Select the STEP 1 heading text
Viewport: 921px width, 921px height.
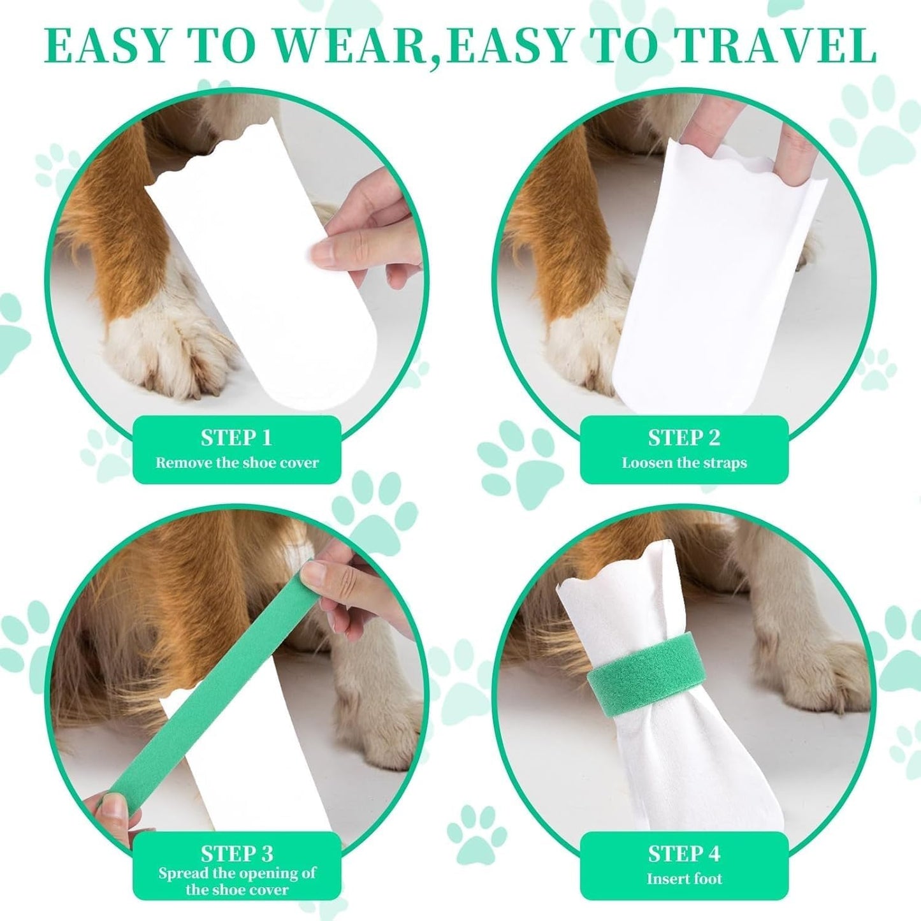tap(236, 438)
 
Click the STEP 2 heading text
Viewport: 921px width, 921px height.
tap(684, 438)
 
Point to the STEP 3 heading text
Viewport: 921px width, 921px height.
tap(236, 853)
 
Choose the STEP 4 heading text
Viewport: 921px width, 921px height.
tap(684, 853)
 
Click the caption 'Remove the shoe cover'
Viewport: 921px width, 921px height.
tap(236, 463)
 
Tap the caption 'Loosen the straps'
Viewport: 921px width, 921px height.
tap(684, 463)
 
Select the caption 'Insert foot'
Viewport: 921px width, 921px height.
tap(684, 879)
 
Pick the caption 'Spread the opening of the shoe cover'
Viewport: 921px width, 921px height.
tap(236, 881)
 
